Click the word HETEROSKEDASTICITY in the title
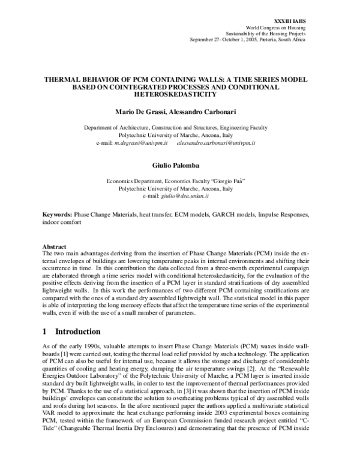[179, 95]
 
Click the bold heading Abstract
[53, 246]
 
